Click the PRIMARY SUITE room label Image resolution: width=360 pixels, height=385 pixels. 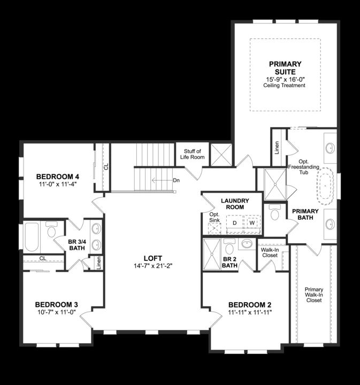285,68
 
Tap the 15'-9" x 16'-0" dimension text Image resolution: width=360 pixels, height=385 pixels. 285,79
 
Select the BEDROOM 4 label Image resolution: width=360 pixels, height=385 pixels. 57,177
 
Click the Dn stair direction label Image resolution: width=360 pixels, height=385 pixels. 176,180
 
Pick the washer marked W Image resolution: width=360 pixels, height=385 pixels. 251,222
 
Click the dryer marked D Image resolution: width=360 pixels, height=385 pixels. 234,222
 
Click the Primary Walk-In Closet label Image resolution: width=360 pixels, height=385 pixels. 314,295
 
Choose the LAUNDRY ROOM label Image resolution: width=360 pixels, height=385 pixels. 232,204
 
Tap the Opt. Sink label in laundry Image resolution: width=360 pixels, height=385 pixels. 215,217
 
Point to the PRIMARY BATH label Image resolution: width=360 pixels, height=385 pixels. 305,214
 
